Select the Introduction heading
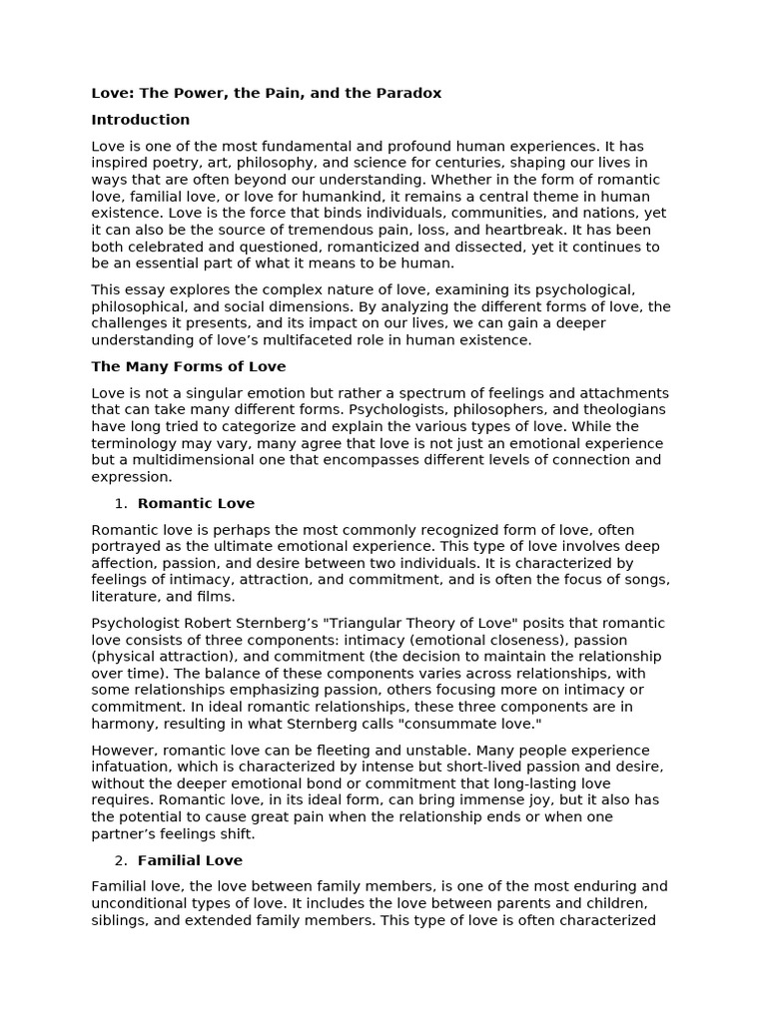point(140,120)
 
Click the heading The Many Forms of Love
point(188,366)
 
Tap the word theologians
point(618,409)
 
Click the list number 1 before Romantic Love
point(120,503)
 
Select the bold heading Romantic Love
point(196,503)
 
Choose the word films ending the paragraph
point(213,597)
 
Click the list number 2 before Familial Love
point(120,860)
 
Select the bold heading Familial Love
point(190,860)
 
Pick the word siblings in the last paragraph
point(119,920)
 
